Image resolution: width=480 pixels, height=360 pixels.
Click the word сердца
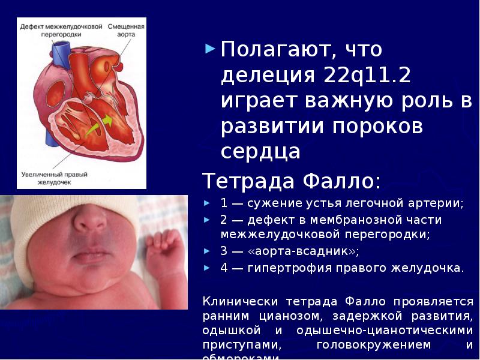pyautogui.click(x=260, y=152)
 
